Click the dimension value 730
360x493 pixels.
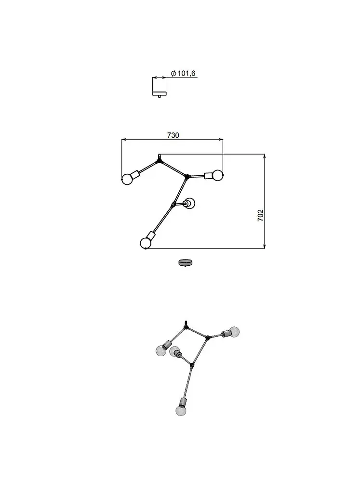click(x=173, y=135)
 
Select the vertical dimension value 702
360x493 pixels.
click(x=261, y=215)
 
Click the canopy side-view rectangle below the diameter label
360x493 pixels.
click(x=159, y=86)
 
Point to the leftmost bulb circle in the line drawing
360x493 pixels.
click(x=127, y=179)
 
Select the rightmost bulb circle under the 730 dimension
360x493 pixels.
click(x=217, y=175)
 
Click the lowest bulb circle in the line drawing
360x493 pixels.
click(x=146, y=243)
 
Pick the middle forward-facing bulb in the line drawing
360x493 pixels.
click(x=189, y=204)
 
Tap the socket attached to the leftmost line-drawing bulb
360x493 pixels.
click(x=135, y=174)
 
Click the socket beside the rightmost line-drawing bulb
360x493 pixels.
click(x=209, y=176)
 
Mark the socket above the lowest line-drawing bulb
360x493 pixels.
click(x=151, y=236)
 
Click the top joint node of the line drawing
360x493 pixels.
click(x=159, y=161)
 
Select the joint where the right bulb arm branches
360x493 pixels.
click(x=187, y=177)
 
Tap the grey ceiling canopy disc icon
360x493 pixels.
click(x=186, y=262)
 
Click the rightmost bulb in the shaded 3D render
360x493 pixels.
click(x=234, y=332)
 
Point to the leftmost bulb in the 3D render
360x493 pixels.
click(x=161, y=350)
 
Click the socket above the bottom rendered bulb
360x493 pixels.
click(x=183, y=402)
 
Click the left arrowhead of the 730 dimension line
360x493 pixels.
click(x=124, y=139)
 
